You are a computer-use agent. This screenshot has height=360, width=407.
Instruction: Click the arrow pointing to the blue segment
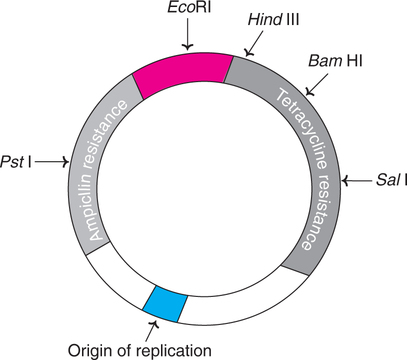point(152,326)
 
